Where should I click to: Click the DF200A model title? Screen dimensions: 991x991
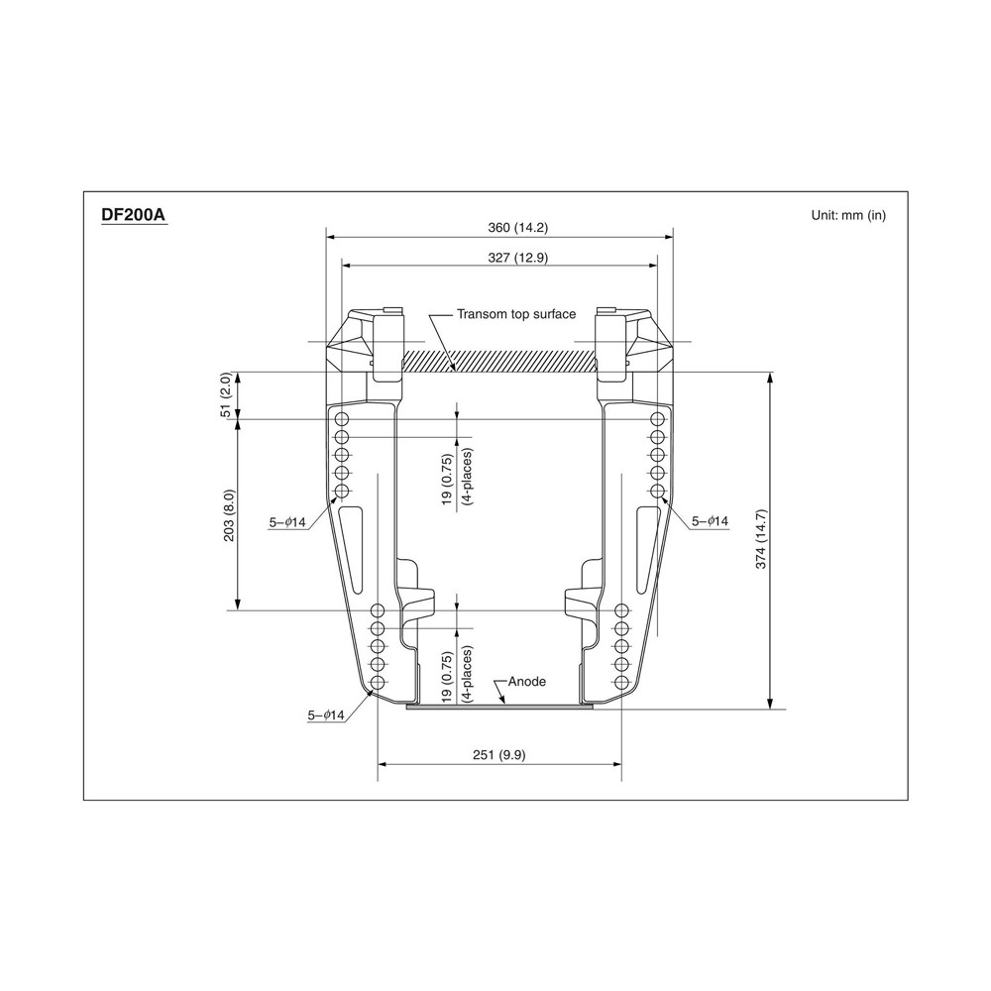(x=134, y=215)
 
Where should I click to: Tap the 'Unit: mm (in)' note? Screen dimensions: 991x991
(x=848, y=215)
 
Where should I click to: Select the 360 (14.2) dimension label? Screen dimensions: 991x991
(x=517, y=228)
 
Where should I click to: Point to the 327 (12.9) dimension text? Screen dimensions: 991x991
(x=517, y=258)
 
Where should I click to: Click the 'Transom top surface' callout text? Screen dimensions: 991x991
(x=516, y=314)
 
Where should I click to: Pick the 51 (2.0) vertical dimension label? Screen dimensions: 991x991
(x=226, y=395)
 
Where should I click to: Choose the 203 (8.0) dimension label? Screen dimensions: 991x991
(x=229, y=515)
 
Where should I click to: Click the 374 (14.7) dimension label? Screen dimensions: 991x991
(x=761, y=539)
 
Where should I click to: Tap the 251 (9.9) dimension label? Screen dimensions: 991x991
(x=499, y=754)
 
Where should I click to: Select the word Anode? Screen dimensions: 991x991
(x=527, y=682)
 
